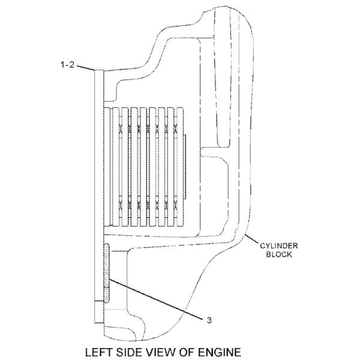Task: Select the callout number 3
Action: pos(209,320)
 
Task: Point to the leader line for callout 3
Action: pos(156,297)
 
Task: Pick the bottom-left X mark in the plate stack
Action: pos(122,205)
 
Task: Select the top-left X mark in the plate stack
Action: pos(122,128)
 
